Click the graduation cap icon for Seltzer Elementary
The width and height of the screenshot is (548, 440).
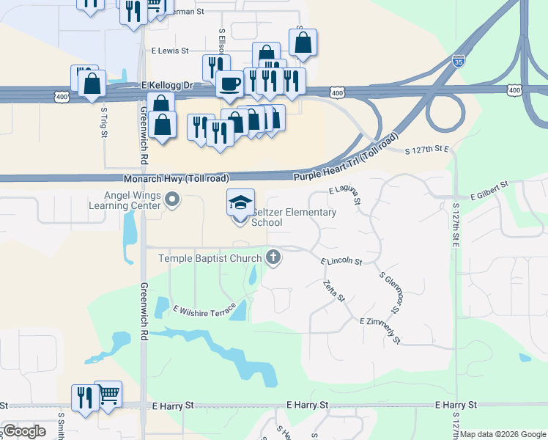(x=241, y=203)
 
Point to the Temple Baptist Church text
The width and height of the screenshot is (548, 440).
(x=210, y=258)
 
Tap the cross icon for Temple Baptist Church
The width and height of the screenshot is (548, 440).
(x=273, y=257)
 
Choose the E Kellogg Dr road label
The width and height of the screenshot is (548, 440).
(x=166, y=86)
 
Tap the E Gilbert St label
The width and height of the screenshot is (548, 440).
(x=490, y=191)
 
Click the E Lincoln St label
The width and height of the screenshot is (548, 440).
(x=341, y=261)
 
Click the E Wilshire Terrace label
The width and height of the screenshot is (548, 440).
(x=204, y=309)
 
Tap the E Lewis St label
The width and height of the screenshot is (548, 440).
(x=170, y=51)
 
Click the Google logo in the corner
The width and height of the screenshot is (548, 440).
(x=24, y=430)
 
